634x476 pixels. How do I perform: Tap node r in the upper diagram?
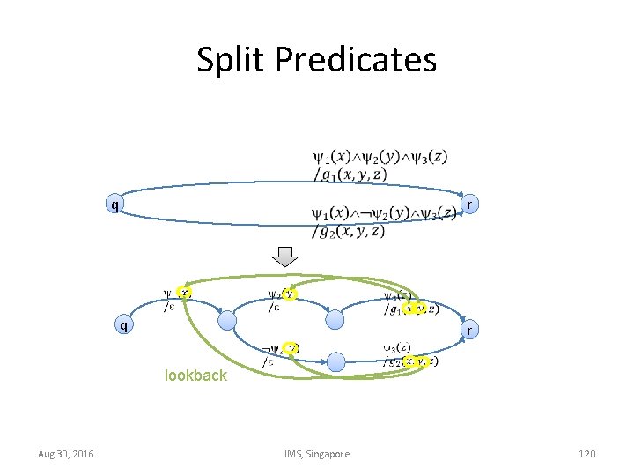point(470,205)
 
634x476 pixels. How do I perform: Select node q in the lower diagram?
point(123,324)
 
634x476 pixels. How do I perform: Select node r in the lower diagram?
point(468,331)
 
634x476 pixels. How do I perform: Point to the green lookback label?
point(195,376)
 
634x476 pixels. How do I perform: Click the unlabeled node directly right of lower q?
point(226,319)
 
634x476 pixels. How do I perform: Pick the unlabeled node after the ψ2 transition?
point(334,319)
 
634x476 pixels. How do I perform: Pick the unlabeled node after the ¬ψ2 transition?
point(335,361)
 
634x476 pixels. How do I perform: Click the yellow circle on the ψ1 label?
point(184,293)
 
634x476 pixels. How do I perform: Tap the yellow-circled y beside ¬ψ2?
point(291,348)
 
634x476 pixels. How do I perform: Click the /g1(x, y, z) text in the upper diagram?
point(350,175)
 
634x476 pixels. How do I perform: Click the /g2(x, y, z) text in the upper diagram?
point(350,232)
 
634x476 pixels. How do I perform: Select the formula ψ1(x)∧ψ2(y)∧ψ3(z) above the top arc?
point(380,158)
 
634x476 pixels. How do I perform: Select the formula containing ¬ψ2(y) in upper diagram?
point(383,214)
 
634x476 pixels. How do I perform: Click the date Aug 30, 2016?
point(66,454)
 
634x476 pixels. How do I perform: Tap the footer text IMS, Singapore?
point(317,454)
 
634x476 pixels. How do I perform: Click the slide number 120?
point(586,454)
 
